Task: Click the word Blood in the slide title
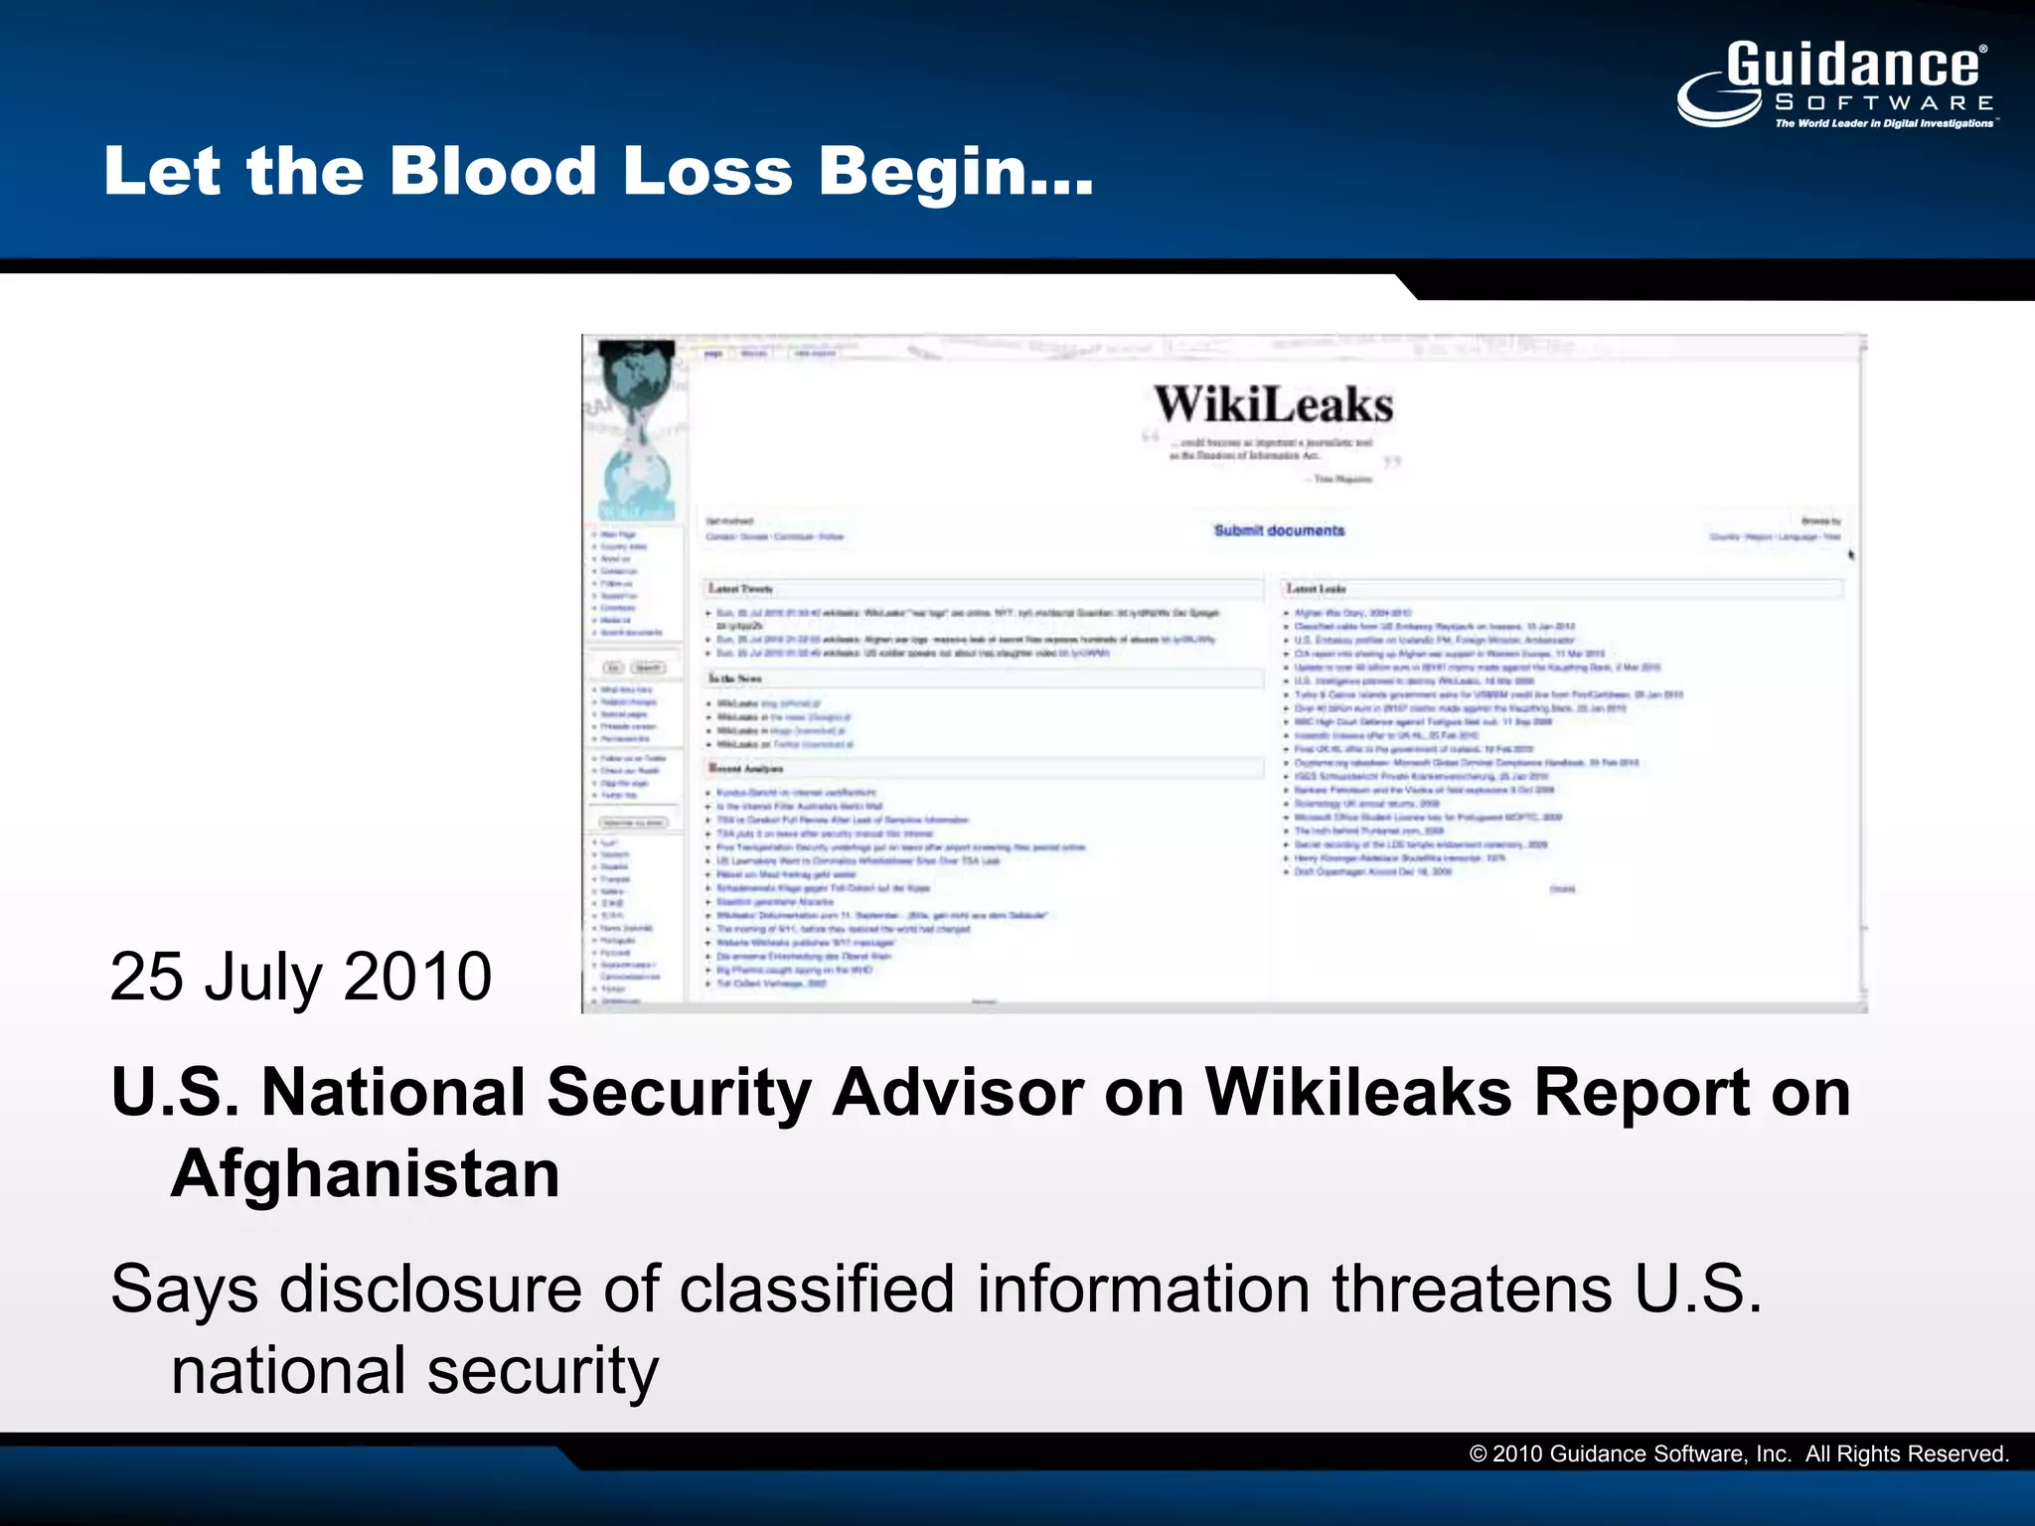coord(492,171)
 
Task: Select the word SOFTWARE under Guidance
coord(1884,102)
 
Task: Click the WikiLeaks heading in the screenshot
coord(1273,405)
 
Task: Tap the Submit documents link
coord(1279,531)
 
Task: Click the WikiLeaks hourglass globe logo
coord(637,427)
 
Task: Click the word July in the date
coord(263,976)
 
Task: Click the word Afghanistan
coord(366,1174)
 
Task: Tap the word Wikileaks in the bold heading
coord(1358,1093)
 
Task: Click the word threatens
coord(1472,1290)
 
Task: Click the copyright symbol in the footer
coord(1478,1454)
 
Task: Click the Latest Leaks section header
coord(1317,589)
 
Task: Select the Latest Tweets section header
coord(740,589)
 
